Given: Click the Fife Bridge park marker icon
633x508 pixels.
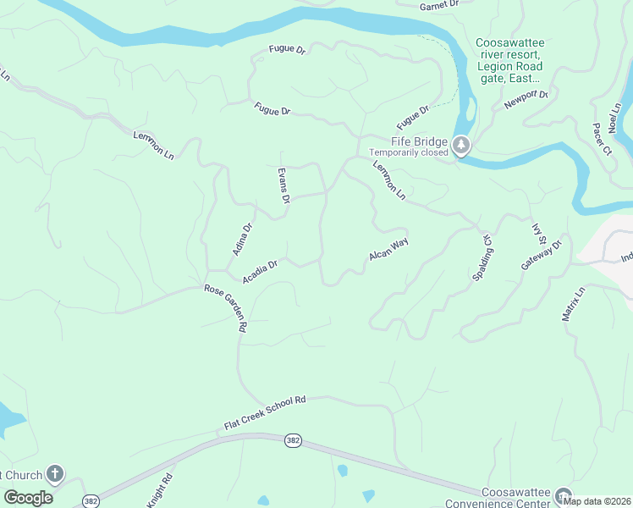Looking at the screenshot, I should pyautogui.click(x=461, y=146).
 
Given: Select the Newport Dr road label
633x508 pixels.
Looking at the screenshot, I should pyautogui.click(x=526, y=100).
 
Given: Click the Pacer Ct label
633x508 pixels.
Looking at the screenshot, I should pyautogui.click(x=602, y=140).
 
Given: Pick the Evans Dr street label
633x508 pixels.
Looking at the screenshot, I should pyautogui.click(x=284, y=186).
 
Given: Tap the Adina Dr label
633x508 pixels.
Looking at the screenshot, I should pyautogui.click(x=243, y=240).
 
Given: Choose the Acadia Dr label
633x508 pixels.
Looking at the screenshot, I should pyautogui.click(x=260, y=271).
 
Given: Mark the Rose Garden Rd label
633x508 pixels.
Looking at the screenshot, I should pyautogui.click(x=226, y=307).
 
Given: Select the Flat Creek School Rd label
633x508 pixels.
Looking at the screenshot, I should pyautogui.click(x=264, y=412).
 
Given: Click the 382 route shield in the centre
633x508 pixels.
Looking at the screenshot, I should pyautogui.click(x=293, y=442).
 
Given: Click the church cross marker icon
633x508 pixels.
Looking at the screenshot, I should pyautogui.click(x=55, y=474).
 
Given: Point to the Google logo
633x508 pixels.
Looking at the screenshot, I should pyautogui.click(x=28, y=498).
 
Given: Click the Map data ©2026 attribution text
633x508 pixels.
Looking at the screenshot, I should pyautogui.click(x=597, y=500).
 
